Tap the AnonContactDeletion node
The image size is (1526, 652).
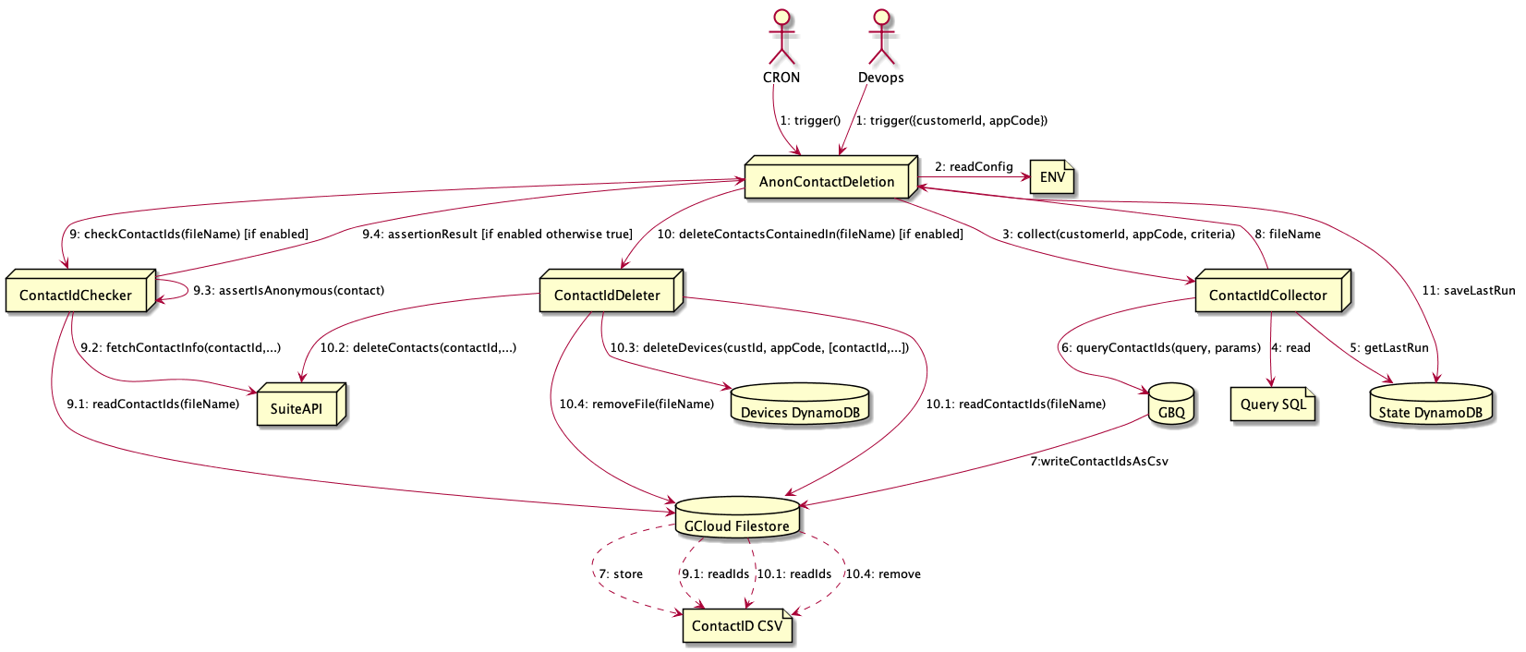pos(828,181)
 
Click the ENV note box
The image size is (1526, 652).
pos(1052,177)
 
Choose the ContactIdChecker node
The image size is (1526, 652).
pos(76,296)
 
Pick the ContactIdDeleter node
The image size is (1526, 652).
pos(608,296)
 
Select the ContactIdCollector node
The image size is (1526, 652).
pos(1268,296)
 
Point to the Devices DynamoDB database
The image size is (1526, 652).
pos(801,407)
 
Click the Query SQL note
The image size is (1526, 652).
pos(1273,404)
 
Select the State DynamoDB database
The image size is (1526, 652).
pos(1430,407)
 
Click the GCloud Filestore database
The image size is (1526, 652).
pos(737,521)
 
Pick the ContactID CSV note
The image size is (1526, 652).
pos(737,625)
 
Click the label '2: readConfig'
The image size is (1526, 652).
pos(974,167)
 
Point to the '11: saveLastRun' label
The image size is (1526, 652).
pos(1468,290)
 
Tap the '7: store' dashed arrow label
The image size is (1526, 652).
pos(621,574)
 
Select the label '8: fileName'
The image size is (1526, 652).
pos(1287,235)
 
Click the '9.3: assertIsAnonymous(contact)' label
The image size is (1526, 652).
pos(288,291)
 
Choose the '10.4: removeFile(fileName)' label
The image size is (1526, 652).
pos(636,404)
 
